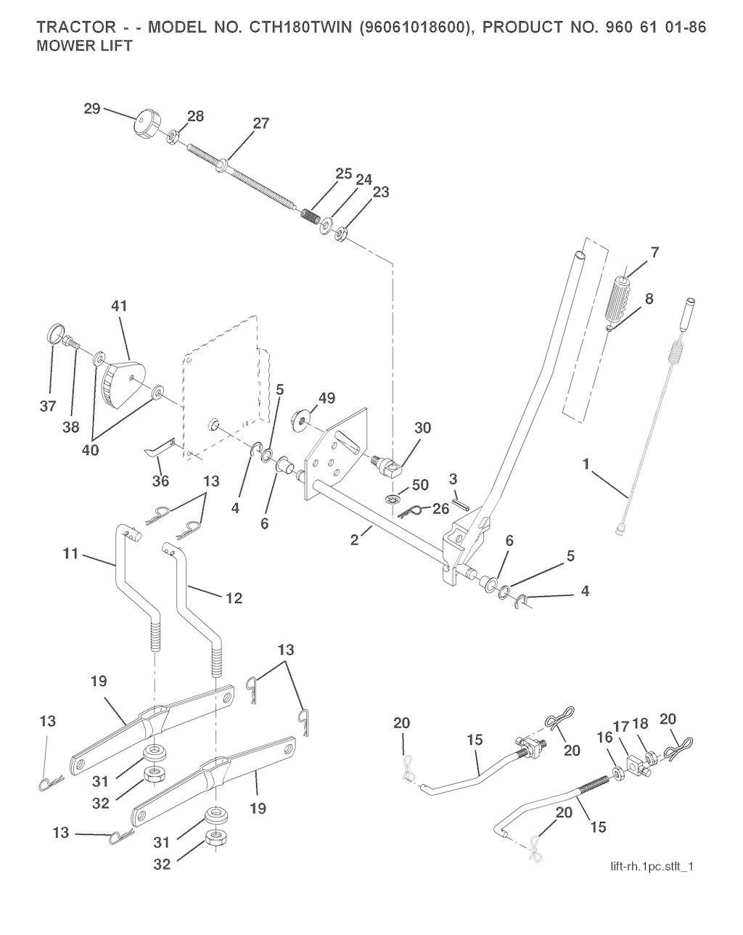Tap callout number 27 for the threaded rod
click(260, 123)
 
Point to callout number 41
click(118, 306)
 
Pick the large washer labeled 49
click(300, 419)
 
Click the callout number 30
click(421, 428)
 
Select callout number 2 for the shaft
click(355, 539)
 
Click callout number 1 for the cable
click(586, 462)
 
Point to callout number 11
click(70, 555)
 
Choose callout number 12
click(234, 598)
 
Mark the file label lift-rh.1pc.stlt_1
click(652, 867)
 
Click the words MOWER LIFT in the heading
click(84, 46)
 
